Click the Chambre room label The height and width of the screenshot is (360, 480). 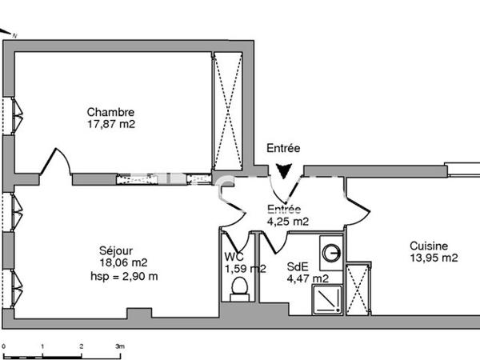[110, 113]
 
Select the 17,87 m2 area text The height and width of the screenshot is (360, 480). [110, 125]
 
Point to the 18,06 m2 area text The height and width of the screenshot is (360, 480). [122, 262]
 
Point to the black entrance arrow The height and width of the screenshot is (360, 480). [284, 171]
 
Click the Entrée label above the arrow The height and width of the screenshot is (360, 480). [283, 148]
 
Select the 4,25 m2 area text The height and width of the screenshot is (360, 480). [287, 222]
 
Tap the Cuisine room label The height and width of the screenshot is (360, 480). [429, 246]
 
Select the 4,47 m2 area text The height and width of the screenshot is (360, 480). [307, 279]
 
